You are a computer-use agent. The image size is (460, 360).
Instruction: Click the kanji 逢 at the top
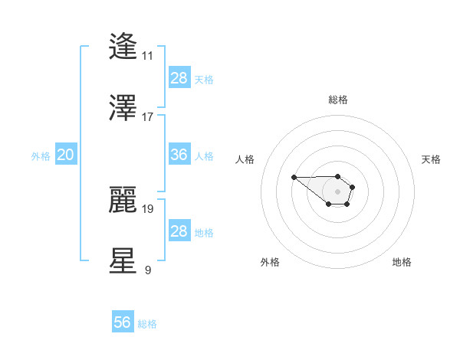tap(123, 47)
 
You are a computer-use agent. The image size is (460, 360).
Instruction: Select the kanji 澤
tap(123, 107)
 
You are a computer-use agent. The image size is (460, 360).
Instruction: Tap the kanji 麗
tap(123, 199)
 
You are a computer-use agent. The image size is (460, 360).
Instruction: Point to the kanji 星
tap(123, 260)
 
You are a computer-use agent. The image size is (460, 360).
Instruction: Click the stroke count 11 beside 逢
tap(147, 56)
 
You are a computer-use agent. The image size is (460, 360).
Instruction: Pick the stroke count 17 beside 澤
tap(147, 116)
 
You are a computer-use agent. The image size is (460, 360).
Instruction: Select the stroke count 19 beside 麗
tap(147, 208)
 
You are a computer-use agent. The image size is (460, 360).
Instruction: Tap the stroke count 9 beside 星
tap(147, 270)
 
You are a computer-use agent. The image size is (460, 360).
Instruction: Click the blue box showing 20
tap(65, 155)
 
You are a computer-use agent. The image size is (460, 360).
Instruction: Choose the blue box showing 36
tap(179, 155)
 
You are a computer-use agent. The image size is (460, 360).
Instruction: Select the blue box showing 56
tap(123, 322)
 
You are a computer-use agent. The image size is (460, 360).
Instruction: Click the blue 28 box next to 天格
tap(179, 78)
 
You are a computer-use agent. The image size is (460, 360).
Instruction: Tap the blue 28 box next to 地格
tap(179, 231)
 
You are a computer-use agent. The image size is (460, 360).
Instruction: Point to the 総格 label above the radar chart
tap(338, 100)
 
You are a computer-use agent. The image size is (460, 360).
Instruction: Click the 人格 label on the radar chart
tap(245, 159)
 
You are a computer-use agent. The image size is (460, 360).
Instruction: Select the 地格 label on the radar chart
tap(402, 262)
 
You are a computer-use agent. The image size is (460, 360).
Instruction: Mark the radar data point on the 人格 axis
tap(294, 177)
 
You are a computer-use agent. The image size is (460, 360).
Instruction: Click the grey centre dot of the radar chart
tap(338, 191)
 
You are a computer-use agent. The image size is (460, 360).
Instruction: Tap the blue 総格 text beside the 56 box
tap(147, 324)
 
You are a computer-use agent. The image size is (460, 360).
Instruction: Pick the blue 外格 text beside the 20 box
tap(41, 156)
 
